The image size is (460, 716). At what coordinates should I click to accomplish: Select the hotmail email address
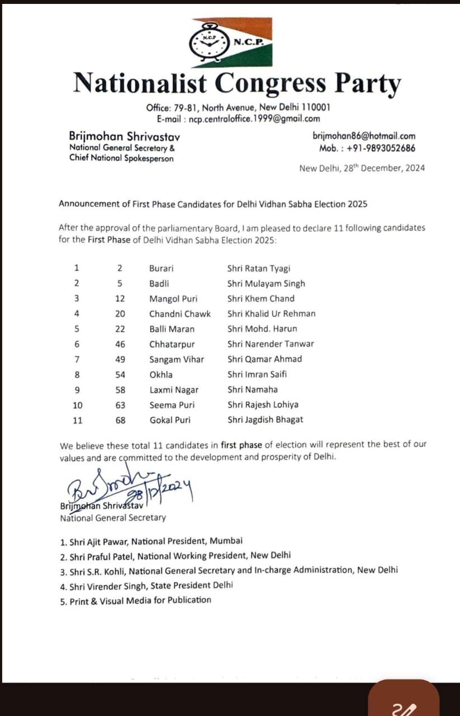tap(364, 136)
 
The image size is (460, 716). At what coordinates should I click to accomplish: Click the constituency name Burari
tap(162, 268)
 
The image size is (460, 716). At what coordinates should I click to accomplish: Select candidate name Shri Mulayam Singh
tap(266, 284)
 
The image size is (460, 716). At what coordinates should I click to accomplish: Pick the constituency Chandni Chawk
tap(180, 314)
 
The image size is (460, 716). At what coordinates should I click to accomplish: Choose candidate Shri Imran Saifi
tap(257, 374)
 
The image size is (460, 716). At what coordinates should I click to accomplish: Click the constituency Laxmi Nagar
tap(174, 389)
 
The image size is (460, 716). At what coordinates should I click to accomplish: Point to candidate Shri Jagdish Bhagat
tap(265, 420)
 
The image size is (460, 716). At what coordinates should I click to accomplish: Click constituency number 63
tap(121, 404)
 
